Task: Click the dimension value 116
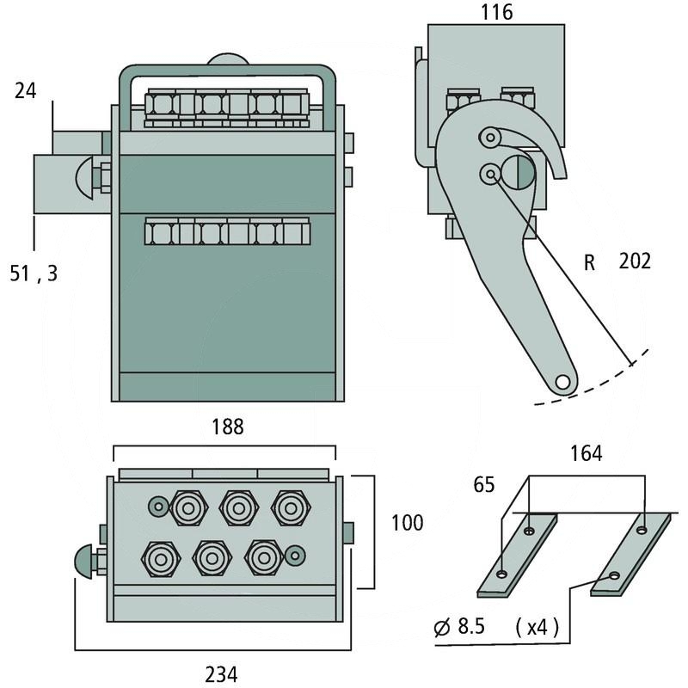[497, 12]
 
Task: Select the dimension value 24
[26, 89]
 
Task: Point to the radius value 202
[635, 261]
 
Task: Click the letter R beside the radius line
[589, 262]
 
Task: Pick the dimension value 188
[227, 427]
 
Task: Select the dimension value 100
[407, 523]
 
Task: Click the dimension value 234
[221, 674]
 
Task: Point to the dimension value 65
[484, 485]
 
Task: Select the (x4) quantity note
[537, 628]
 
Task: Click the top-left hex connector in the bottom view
[187, 507]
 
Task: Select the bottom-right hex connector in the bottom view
[262, 557]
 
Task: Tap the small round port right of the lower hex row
[294, 556]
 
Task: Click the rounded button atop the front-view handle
[227, 60]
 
